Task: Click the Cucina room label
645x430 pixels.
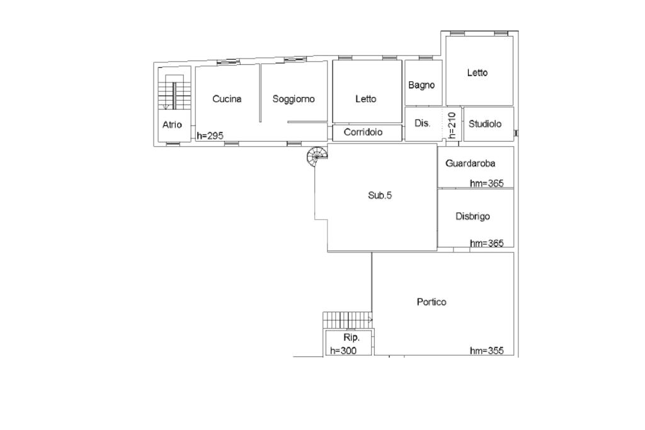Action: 227,99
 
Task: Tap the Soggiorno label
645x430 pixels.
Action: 294,99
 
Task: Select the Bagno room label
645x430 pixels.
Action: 421,85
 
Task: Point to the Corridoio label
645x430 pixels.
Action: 363,132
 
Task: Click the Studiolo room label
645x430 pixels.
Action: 485,124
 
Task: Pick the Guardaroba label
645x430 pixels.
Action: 470,164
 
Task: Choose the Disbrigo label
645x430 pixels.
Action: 472,217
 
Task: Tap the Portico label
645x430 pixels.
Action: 431,302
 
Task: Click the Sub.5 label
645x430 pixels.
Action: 380,195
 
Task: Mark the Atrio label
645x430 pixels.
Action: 172,125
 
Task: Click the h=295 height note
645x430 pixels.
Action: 210,135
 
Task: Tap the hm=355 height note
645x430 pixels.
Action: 487,351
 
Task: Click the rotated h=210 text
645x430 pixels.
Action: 452,125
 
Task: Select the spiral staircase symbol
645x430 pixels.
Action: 317,155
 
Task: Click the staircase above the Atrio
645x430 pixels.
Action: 174,94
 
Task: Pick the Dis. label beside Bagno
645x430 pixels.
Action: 422,123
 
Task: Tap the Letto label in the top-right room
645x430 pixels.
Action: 477,73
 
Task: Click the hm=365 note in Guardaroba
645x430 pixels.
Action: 487,183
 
